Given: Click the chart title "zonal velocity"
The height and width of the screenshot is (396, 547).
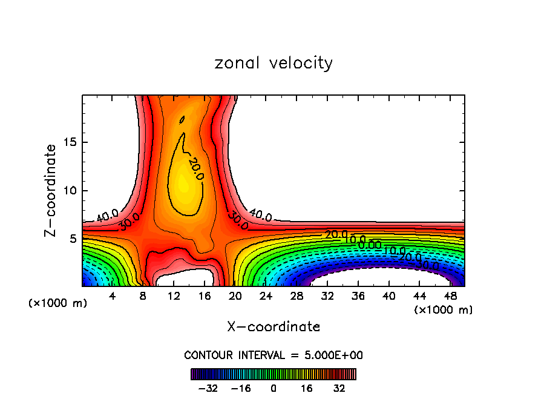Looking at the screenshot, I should click(x=273, y=63).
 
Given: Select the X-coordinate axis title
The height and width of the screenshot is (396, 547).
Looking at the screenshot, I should click(x=273, y=327).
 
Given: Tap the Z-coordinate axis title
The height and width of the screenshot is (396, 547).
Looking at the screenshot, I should click(x=51, y=190).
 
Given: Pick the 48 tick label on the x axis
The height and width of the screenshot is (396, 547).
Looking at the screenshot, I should click(x=450, y=296).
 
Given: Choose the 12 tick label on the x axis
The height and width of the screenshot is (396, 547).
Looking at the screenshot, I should click(x=174, y=296).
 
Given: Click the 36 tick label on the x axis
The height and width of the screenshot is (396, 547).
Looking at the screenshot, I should click(x=358, y=296).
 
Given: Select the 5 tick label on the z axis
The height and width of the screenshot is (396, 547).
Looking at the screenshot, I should click(x=73, y=239).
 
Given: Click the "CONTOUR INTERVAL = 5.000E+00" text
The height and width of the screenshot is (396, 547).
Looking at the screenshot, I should click(x=273, y=355).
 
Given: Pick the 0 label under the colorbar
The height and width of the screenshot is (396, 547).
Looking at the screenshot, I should click(x=273, y=388).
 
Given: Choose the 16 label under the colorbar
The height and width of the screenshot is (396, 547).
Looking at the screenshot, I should click(x=306, y=388).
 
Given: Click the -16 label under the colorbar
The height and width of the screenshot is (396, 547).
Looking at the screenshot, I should click(x=240, y=388).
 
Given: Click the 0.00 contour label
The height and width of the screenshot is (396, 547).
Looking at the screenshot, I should click(x=369, y=244).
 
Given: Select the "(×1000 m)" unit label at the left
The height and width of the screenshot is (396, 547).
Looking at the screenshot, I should click(x=58, y=303).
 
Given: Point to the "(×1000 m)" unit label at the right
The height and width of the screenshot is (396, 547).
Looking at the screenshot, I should click(x=444, y=310).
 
